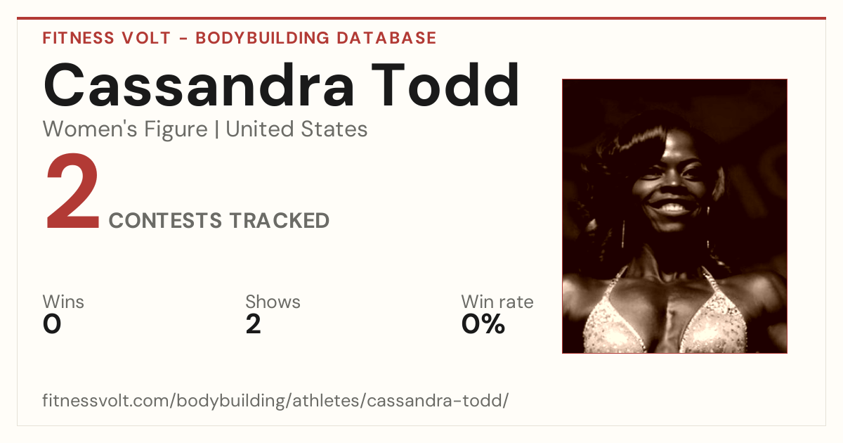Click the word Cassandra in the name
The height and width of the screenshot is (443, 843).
[199, 85]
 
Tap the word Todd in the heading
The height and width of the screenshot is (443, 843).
[445, 85]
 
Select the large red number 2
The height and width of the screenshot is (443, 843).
[72, 191]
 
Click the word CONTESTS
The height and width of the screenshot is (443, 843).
[165, 220]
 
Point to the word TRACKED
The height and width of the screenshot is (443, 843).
[280, 220]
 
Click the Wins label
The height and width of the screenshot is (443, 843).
[63, 302]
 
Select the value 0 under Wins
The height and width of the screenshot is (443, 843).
[52, 324]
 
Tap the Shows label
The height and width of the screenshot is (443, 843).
[273, 302]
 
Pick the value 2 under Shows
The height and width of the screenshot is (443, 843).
[254, 324]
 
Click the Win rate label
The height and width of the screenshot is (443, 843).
[497, 302]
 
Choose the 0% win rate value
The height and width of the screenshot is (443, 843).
[483, 324]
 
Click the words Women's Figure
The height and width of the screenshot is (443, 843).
[125, 129]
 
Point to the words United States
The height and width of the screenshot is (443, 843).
[296, 129]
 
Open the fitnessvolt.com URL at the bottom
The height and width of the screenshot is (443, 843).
[275, 400]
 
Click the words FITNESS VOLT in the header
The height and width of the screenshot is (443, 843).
[107, 38]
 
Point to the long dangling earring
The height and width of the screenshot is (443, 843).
[624, 233]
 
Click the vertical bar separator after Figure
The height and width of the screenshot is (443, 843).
[217, 129]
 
